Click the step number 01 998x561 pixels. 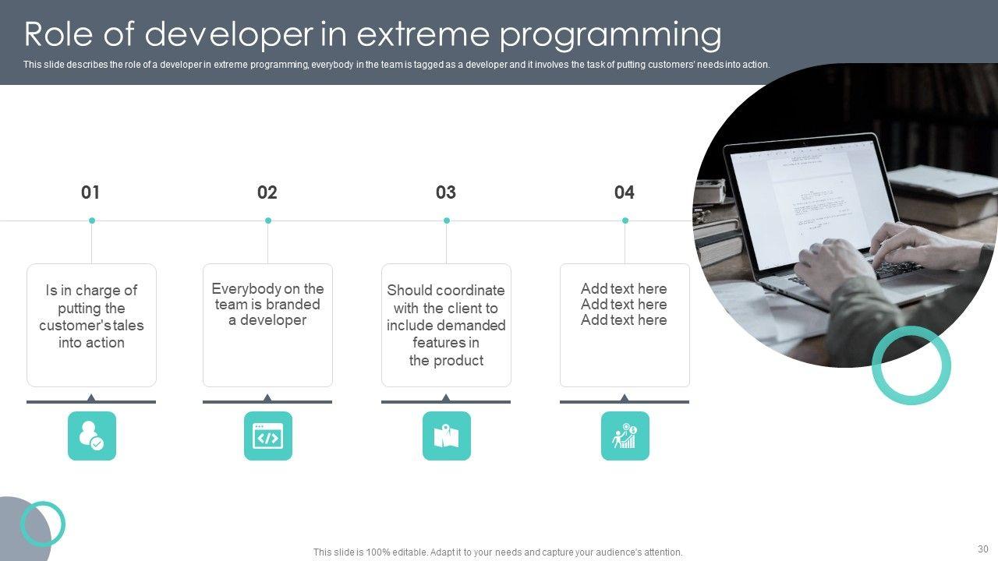click(x=90, y=192)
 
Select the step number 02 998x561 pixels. click(x=267, y=192)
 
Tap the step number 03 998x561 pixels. click(x=445, y=192)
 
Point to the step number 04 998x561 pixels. click(x=625, y=192)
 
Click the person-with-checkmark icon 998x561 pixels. click(x=92, y=436)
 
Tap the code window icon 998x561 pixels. click(x=267, y=436)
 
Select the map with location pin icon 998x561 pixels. click(x=447, y=436)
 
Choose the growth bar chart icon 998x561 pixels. click(x=625, y=436)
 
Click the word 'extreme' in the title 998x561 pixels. click(x=423, y=35)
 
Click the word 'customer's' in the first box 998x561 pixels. click(x=74, y=326)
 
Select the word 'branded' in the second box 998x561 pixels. click(x=292, y=305)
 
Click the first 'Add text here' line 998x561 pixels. click(x=624, y=288)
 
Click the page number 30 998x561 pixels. click(x=983, y=549)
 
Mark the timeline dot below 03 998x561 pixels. click(x=447, y=221)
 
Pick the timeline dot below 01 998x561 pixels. click(x=92, y=221)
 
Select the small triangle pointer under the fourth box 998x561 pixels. click(x=625, y=397)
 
